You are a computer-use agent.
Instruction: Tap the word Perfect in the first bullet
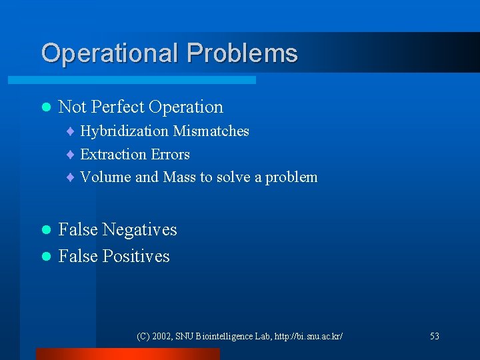click(118, 107)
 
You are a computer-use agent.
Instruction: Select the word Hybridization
click(124, 131)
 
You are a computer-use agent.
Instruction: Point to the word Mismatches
click(211, 131)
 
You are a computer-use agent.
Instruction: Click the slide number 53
click(435, 337)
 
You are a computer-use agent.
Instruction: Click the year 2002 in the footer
click(162, 337)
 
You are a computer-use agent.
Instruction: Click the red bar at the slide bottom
click(127, 354)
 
